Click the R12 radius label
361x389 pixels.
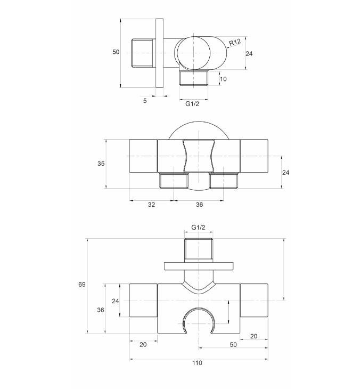click(235, 42)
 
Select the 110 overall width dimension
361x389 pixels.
click(197, 363)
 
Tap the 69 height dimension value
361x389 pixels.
click(82, 285)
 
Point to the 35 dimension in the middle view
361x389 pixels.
click(101, 164)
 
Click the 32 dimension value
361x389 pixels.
click(152, 205)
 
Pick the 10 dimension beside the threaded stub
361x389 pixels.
click(223, 79)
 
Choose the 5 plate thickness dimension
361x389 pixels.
click(145, 101)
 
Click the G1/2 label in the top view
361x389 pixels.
click(192, 104)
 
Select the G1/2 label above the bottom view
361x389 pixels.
click(199, 227)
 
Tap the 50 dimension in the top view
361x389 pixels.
click(116, 52)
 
